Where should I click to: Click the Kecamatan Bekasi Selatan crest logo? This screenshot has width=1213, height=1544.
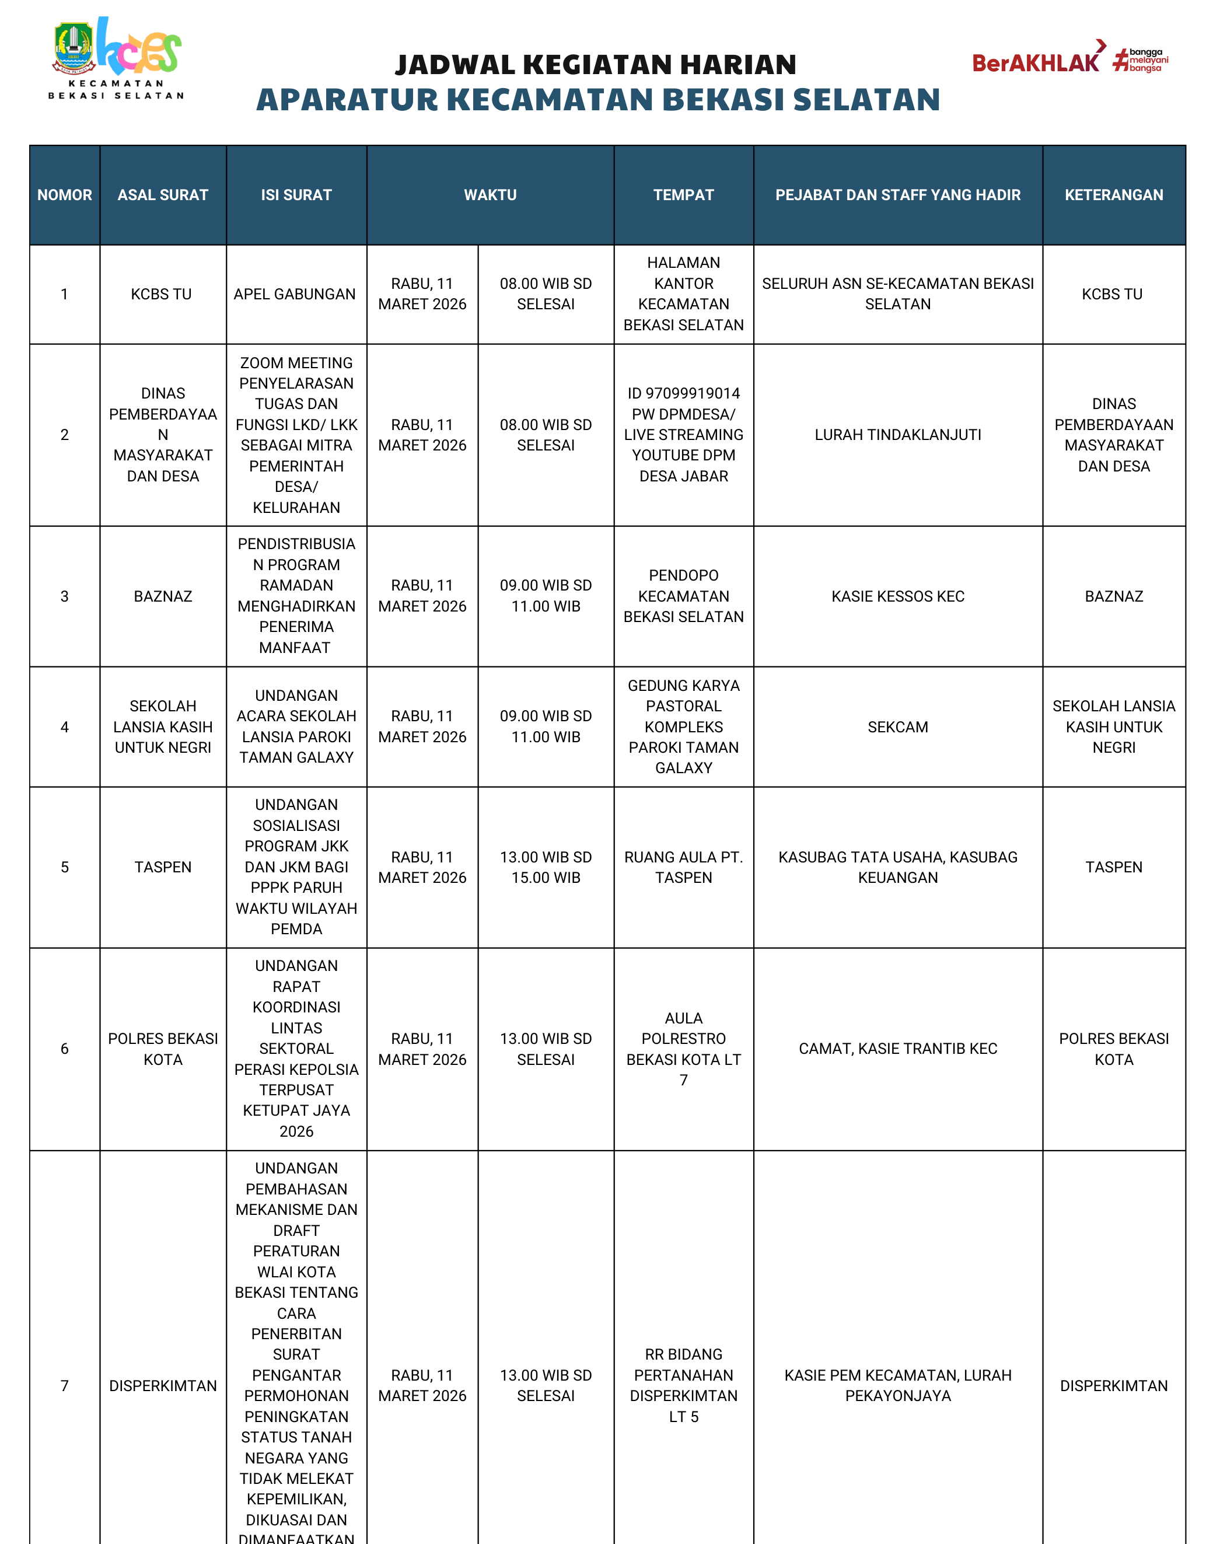click(x=74, y=48)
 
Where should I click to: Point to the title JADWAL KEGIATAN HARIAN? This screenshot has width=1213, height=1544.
click(x=596, y=65)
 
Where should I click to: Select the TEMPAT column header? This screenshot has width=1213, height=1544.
click(x=683, y=194)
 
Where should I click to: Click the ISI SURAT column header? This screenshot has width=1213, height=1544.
click(x=296, y=194)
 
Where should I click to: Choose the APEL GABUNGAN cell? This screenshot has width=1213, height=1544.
click(x=295, y=294)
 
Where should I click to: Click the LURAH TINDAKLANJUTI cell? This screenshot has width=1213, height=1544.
click(x=898, y=435)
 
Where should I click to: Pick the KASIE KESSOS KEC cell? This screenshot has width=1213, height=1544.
click(x=898, y=596)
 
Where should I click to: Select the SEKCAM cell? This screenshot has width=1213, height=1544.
click(x=898, y=726)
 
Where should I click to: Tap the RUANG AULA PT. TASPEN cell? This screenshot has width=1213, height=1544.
click(x=683, y=867)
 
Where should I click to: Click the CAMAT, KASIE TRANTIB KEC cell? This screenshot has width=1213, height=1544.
click(x=898, y=1048)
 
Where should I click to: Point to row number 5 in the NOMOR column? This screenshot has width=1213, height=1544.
click(x=65, y=867)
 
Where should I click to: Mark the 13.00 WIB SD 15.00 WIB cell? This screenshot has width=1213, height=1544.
click(x=546, y=867)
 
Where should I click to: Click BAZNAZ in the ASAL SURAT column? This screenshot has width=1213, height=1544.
click(x=163, y=596)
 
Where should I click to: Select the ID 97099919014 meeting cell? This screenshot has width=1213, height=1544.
click(x=683, y=435)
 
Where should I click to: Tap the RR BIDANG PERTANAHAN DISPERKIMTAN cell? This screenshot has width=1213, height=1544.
click(x=683, y=1385)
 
